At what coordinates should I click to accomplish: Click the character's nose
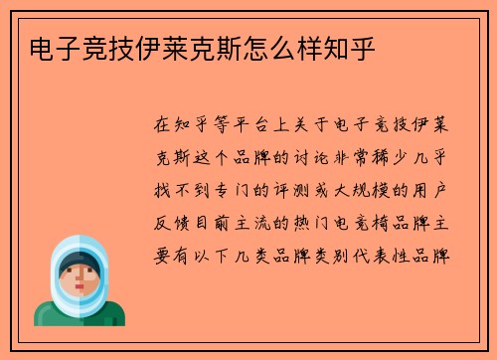(79, 279)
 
